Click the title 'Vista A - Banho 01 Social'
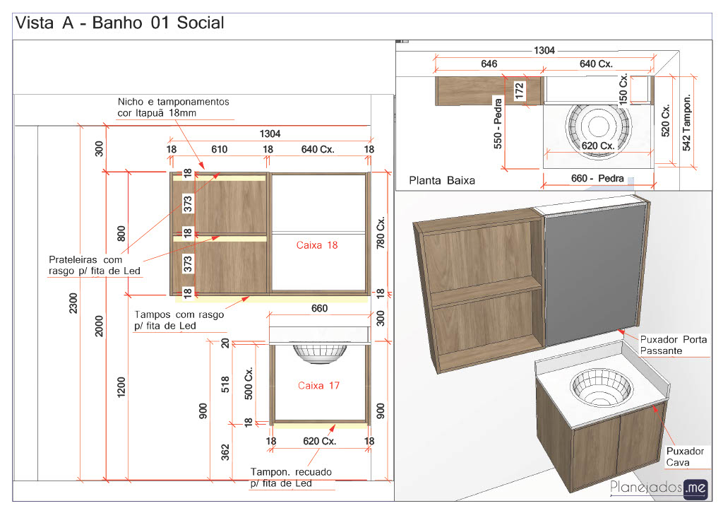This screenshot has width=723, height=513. pos(120,23)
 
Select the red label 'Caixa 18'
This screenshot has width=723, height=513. pos(317,245)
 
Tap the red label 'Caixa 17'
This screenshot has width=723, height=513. pos(318,385)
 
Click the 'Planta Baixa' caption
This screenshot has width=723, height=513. pos(442,180)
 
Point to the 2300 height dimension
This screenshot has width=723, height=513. pos(73,303)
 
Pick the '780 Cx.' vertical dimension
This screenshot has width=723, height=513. pos(381,232)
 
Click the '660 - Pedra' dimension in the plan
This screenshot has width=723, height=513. pos(597,178)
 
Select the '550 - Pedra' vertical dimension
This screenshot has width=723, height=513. pos(498,123)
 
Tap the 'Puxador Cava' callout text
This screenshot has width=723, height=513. pos(685,456)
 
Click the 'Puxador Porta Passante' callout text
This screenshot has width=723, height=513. pos(673,345)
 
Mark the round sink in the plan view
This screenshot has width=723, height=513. pos(598,126)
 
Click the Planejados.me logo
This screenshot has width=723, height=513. pos(659,488)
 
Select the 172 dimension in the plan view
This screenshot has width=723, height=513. pos(520,91)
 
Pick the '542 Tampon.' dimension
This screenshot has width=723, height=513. pos(686,123)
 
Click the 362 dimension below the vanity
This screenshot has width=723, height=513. pos(225,452)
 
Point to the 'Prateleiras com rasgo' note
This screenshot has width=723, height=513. pos(95,265)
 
